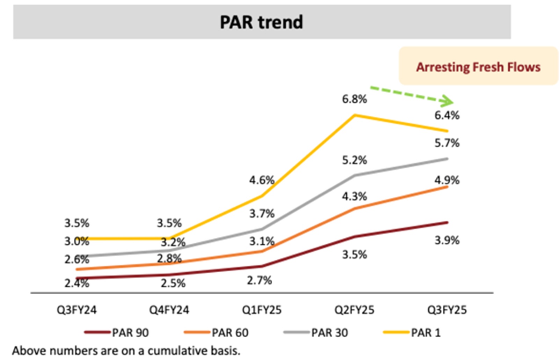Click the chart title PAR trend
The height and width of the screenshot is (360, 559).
261,22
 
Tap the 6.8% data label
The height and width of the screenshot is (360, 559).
354,99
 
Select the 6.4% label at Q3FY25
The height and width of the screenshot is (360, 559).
447,115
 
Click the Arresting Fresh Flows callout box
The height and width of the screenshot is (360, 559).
478,66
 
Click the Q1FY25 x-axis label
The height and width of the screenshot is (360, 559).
262,310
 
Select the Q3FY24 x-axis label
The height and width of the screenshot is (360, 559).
77,310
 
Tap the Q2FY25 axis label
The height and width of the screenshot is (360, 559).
354,310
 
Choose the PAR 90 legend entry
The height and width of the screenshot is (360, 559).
117,332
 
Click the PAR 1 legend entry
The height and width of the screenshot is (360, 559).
412,332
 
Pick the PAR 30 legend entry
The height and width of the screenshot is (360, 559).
316,332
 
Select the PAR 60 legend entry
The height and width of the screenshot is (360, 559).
217,332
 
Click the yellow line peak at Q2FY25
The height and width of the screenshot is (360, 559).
355,115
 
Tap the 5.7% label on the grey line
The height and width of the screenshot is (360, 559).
447,143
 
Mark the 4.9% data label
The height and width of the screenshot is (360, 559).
447,180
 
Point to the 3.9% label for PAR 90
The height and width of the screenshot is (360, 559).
447,240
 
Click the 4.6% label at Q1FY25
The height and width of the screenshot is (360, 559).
262,180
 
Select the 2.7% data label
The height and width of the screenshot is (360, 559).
259,280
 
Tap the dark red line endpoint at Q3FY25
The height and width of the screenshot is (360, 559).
447,222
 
